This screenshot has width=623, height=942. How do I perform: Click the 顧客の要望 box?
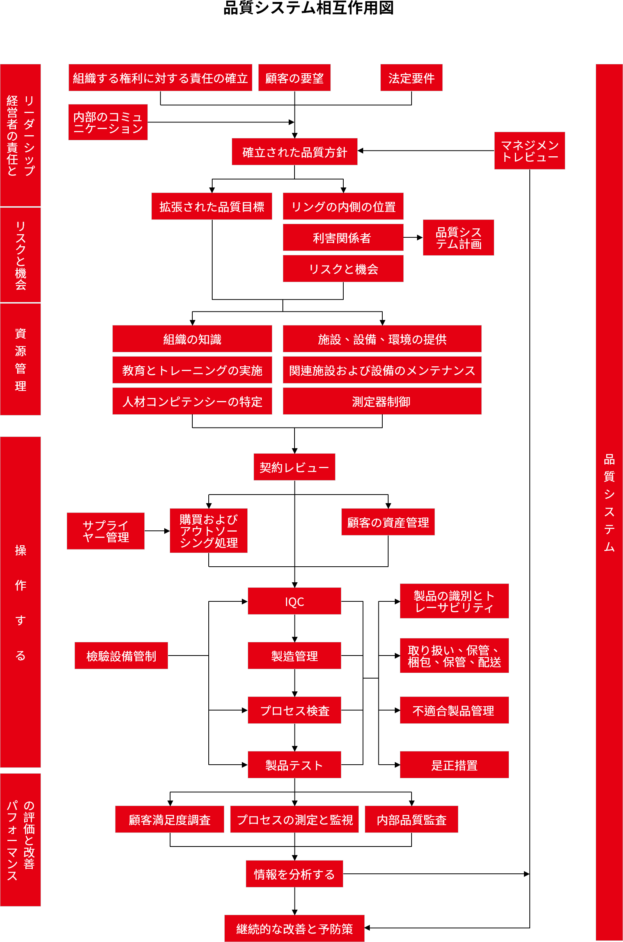tap(294, 78)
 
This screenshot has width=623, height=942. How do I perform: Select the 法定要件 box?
tap(411, 78)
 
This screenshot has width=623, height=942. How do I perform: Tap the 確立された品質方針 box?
tap(295, 152)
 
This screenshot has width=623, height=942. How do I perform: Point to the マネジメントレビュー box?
tap(529, 151)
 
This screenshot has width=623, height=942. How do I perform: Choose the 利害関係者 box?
tap(343, 237)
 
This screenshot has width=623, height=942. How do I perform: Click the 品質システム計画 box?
tap(458, 237)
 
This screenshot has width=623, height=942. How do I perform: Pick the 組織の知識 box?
tap(192, 339)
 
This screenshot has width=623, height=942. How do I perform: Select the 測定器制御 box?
tap(382, 401)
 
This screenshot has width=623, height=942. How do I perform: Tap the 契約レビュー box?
tap(294, 467)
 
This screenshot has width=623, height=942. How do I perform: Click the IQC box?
tap(294, 601)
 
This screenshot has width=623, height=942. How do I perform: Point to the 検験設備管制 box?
tap(121, 656)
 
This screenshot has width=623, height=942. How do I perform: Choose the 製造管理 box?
tap(294, 656)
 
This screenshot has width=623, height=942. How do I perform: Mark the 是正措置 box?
tap(454, 765)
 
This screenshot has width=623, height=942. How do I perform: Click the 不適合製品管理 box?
tap(454, 710)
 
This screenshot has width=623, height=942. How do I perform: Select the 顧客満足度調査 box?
tap(169, 819)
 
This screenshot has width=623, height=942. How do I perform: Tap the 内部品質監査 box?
tap(411, 819)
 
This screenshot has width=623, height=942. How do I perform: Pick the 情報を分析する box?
tap(294, 874)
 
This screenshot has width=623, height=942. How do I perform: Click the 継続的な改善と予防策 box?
tap(294, 928)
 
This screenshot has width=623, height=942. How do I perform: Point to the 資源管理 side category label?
tap(20, 359)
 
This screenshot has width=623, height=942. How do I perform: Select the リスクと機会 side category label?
tap(20, 255)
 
